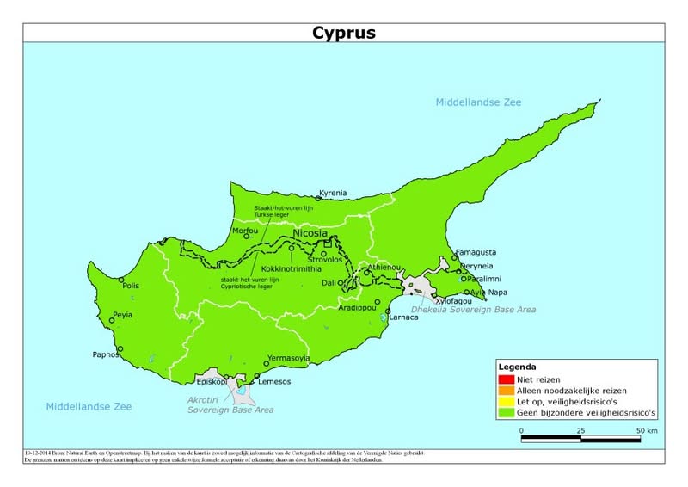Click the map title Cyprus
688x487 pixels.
tap(343, 33)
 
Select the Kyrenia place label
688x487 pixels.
tap(333, 193)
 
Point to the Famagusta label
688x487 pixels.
tap(475, 252)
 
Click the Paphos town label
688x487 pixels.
tap(105, 354)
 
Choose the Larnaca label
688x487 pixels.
tap(403, 317)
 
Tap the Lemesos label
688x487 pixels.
tap(274, 381)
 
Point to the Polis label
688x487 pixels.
tap(131, 286)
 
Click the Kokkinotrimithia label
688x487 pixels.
tap(297, 268)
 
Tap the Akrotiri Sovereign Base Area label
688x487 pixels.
tap(230, 404)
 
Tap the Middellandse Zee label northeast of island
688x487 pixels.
tap(478, 102)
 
